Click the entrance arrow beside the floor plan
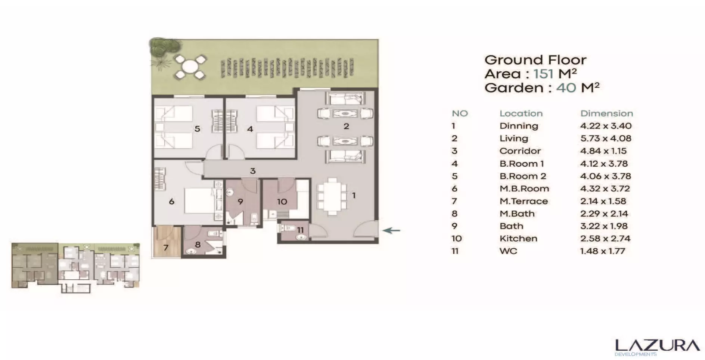392,230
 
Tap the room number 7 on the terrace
166,247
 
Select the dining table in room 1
332,196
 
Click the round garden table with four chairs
190,67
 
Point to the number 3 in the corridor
253,171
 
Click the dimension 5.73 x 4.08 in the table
606,139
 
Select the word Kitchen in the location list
518,239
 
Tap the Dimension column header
606,114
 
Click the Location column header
521,114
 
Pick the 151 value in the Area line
543,74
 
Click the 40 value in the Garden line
566,88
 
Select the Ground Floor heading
535,60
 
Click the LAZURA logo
657,347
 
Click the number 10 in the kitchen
282,202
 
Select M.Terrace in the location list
524,201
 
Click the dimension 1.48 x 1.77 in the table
602,251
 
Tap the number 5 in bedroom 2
197,129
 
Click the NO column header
460,114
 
